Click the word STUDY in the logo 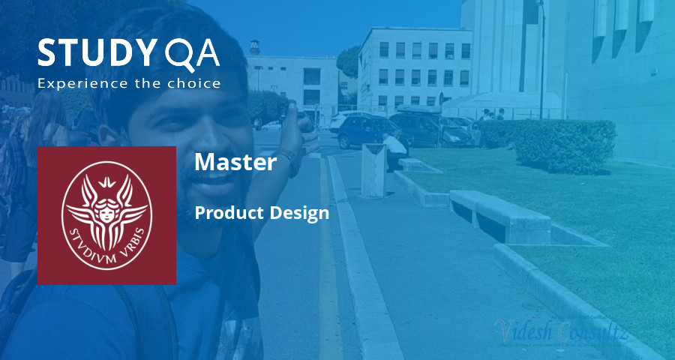coord(94,53)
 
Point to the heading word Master coord(235,163)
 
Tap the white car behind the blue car coord(344,119)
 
